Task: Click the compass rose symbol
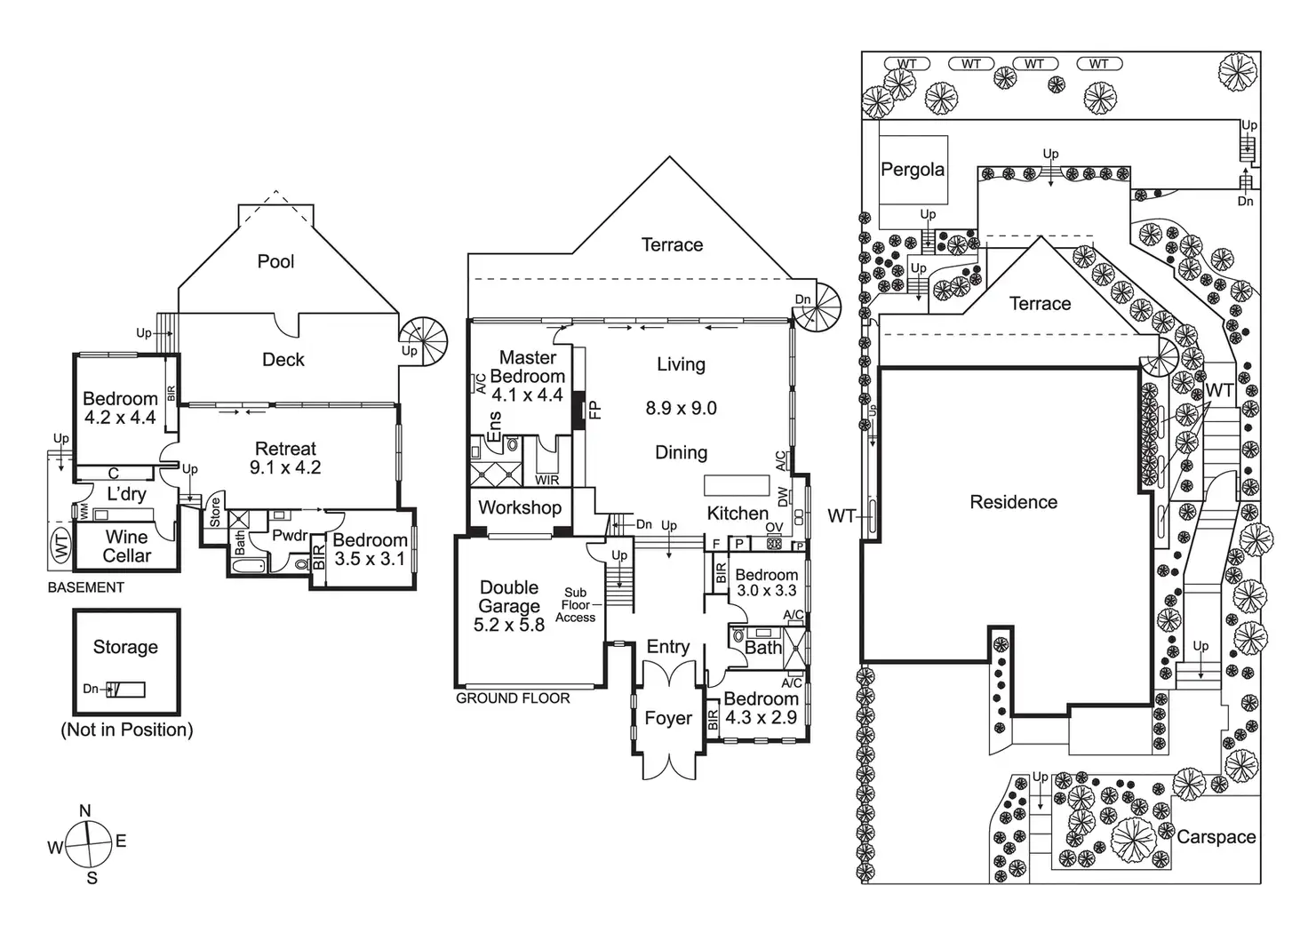87,843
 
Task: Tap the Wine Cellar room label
127,546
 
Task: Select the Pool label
275,261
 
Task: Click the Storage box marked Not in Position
126,661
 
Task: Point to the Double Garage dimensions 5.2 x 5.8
509,626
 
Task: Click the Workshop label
520,507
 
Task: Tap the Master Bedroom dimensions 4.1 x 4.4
527,395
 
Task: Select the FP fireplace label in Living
595,410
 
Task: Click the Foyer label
667,718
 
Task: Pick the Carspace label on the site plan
1216,837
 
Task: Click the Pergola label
913,170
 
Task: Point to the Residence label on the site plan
1013,502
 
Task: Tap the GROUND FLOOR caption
513,698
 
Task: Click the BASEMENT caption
86,587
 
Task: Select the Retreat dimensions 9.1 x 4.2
285,467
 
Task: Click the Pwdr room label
290,536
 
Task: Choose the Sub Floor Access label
575,605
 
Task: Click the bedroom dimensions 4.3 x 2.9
761,717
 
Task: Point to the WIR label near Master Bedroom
547,481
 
